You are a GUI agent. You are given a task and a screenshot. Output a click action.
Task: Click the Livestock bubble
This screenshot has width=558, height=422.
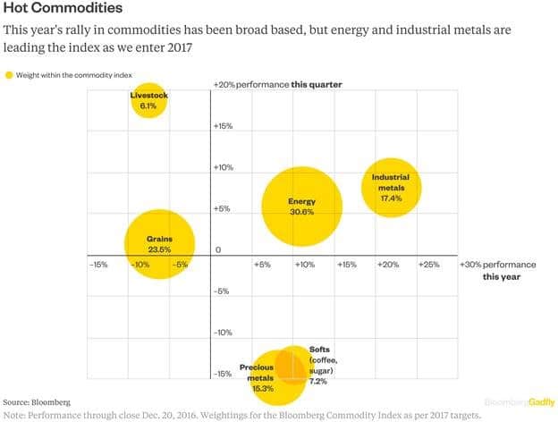[148, 101]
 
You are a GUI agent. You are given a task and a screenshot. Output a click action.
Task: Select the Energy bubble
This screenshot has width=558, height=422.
[301, 207]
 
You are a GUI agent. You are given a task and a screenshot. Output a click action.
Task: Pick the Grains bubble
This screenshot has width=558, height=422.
[159, 243]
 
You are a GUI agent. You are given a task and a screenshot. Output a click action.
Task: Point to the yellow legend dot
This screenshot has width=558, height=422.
[10, 76]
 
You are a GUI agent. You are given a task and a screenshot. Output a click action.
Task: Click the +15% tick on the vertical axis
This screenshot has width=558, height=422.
[224, 126]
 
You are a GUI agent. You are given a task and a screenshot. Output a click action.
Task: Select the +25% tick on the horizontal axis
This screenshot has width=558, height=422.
[429, 265]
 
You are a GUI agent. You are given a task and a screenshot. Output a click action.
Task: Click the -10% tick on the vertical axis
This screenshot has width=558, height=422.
[223, 333]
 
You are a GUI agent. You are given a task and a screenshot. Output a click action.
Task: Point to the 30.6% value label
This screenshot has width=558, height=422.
[301, 213]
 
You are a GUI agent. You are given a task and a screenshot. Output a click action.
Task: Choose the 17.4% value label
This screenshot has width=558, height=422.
[391, 198]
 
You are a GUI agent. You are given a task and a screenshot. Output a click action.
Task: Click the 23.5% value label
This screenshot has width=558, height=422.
[159, 249]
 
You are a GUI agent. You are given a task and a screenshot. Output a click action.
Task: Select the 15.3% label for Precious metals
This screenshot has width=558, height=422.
[261, 389]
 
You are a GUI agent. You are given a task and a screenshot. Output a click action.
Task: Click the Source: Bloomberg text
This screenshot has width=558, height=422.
[37, 402]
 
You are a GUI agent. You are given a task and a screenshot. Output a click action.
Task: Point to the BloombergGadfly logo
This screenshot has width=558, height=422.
[519, 402]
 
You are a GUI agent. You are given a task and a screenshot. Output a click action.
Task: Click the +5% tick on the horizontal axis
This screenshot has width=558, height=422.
[263, 265]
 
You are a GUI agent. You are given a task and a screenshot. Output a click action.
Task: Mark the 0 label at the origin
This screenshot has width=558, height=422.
[217, 249]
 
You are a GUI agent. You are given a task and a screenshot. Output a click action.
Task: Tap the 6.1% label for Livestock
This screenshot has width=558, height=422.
[148, 106]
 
